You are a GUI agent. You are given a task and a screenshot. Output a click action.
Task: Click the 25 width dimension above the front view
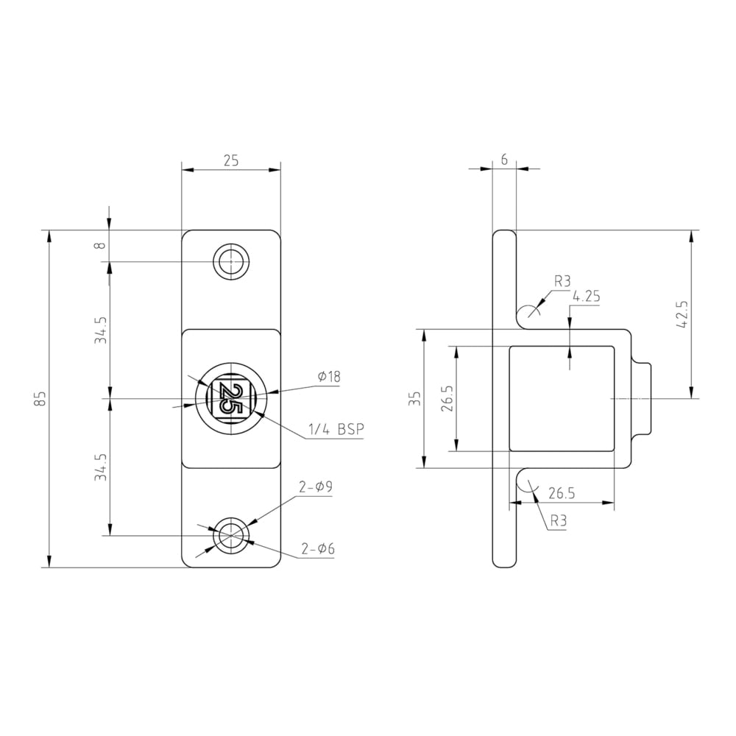(231, 161)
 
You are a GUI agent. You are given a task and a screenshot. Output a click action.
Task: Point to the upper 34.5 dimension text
(101, 330)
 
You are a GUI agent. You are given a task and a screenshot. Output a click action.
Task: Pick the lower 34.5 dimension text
(101, 467)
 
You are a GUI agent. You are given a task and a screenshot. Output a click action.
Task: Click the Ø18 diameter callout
(329, 377)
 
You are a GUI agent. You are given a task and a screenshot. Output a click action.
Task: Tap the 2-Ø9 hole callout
(316, 486)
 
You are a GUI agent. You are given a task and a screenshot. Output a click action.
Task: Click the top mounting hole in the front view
(231, 261)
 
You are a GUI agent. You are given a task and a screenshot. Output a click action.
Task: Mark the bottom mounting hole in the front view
(231, 536)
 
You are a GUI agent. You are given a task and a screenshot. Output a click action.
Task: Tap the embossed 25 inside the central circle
(230, 399)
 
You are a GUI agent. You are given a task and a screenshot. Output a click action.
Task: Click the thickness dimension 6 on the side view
(504, 160)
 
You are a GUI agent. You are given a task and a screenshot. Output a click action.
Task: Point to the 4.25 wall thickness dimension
(587, 297)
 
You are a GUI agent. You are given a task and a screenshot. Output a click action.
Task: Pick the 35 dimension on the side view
(416, 398)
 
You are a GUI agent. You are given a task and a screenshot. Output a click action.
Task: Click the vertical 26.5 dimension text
(448, 398)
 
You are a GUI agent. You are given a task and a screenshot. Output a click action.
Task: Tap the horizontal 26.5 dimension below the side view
(562, 492)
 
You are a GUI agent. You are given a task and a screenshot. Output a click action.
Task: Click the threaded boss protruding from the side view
(642, 398)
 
